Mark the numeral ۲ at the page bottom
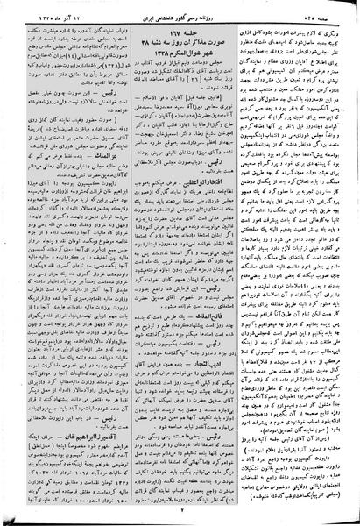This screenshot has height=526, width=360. (179, 511)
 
